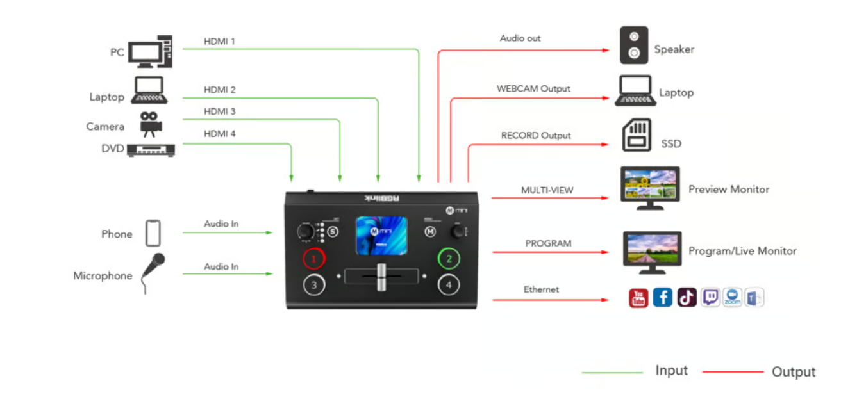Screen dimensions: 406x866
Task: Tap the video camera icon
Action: click(151, 124)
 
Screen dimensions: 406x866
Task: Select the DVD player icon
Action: click(151, 150)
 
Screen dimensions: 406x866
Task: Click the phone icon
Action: click(153, 233)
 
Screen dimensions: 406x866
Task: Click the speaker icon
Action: click(633, 45)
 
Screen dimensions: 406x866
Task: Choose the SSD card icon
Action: click(636, 135)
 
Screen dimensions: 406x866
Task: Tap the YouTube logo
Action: click(638, 298)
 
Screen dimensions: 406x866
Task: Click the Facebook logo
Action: click(662, 298)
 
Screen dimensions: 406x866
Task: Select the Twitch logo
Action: click(710, 297)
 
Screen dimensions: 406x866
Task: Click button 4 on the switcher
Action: click(449, 285)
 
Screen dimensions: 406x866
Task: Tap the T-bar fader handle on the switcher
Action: click(381, 276)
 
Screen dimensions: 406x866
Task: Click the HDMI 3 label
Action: click(219, 111)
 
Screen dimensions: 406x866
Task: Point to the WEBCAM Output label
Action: click(533, 88)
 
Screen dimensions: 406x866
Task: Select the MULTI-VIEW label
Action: click(547, 190)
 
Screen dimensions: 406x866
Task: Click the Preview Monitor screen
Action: click(650, 184)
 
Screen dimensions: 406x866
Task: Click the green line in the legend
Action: click(612, 373)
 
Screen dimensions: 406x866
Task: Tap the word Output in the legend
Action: click(794, 372)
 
